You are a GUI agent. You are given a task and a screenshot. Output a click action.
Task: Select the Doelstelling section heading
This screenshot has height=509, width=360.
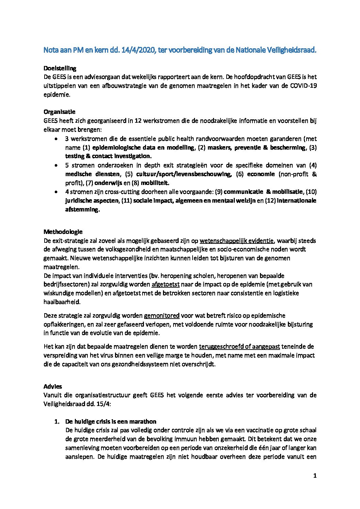point(60,68)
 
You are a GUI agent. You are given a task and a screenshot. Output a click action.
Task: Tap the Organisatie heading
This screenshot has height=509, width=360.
point(59,112)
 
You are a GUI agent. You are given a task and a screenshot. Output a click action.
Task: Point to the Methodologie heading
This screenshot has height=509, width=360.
point(63,232)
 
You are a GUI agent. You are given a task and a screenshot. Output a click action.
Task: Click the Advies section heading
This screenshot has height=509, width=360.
point(53,387)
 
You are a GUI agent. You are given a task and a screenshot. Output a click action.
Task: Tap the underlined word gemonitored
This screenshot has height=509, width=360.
point(162,316)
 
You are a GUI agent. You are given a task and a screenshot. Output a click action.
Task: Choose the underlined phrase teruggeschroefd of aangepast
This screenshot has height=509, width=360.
point(239,347)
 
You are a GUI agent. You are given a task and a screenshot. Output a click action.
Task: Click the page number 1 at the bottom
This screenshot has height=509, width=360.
point(315,476)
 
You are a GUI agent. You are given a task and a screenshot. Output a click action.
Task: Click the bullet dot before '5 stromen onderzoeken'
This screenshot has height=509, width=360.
point(56,166)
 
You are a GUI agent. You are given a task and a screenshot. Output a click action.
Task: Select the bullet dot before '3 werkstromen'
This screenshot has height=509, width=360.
point(56,139)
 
